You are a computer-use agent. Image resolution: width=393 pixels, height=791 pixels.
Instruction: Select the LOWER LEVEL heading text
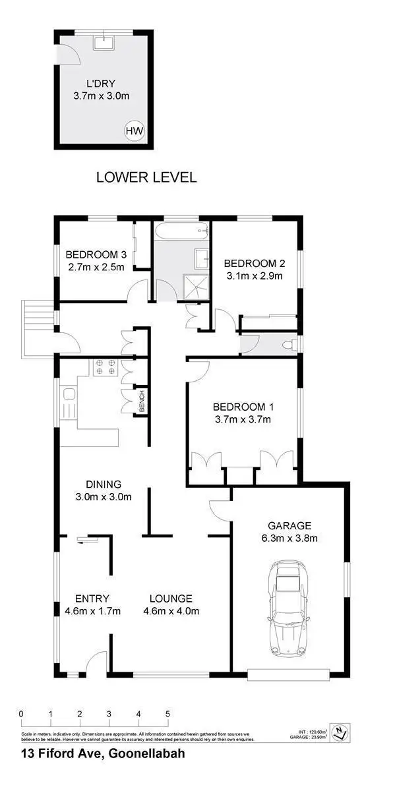146,177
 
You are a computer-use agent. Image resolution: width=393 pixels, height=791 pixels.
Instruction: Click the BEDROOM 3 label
96,255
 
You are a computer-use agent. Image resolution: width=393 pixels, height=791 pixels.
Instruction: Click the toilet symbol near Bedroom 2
287,345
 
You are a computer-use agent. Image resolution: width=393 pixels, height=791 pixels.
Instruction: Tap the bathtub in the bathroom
181,231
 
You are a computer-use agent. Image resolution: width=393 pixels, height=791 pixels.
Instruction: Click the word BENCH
141,401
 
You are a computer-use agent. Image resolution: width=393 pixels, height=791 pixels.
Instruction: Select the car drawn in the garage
287,610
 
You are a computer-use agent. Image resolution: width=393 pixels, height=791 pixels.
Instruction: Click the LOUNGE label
171,599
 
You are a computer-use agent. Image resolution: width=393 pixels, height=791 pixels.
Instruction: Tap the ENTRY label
88,599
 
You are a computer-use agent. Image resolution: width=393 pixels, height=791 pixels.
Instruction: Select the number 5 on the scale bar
167,714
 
